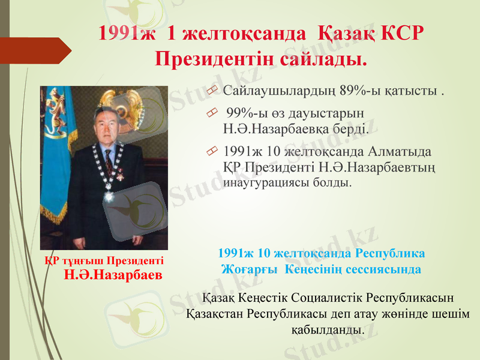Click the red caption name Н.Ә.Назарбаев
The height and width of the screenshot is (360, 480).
click(113, 275)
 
